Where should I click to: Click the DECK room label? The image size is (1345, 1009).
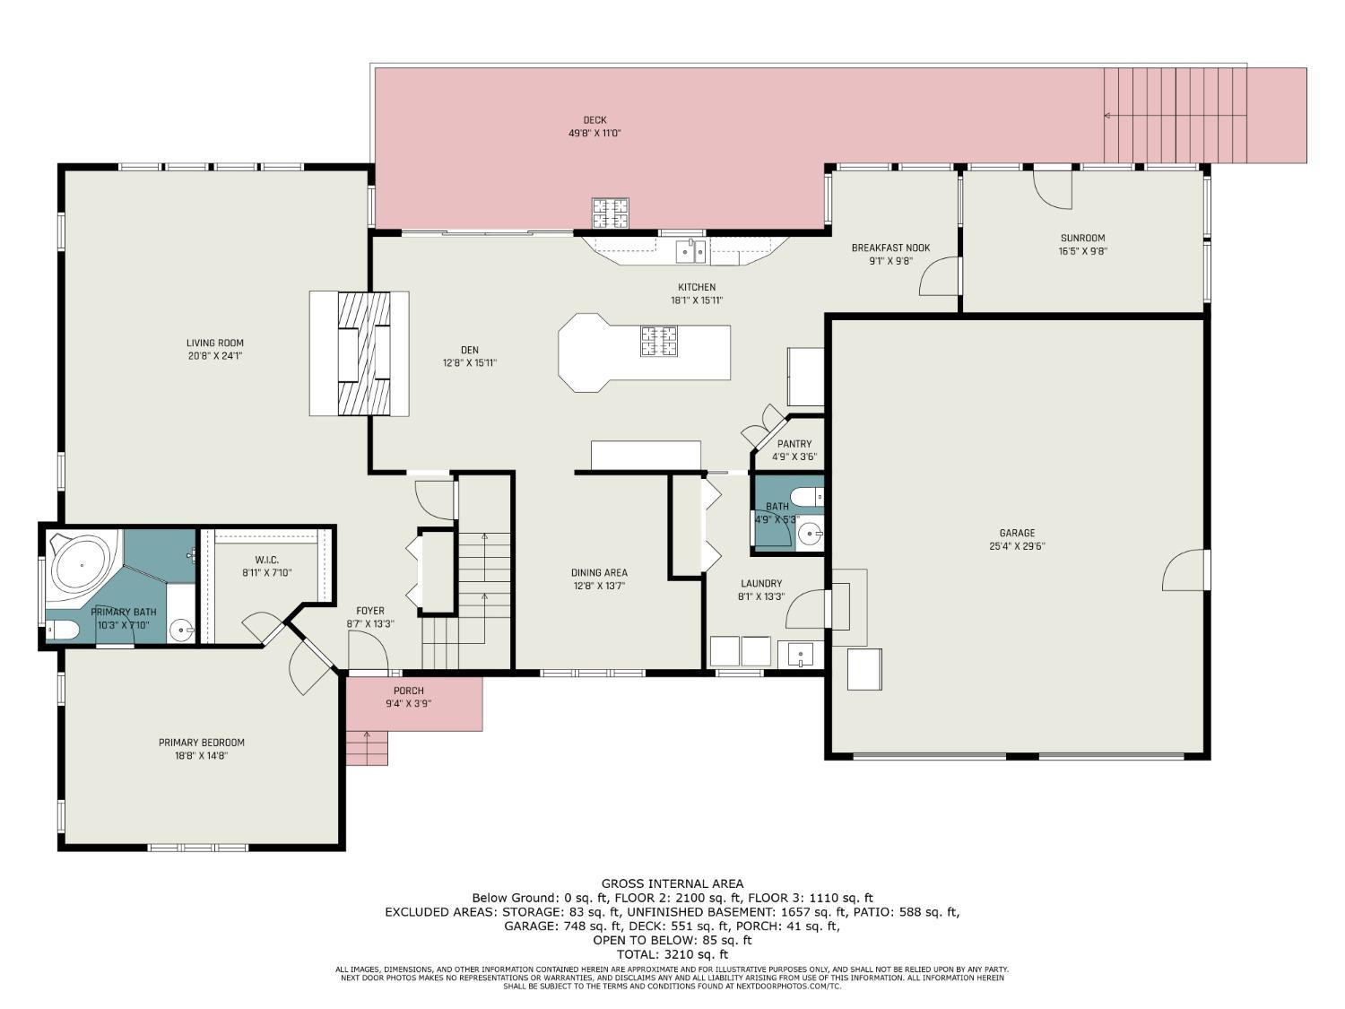point(594,120)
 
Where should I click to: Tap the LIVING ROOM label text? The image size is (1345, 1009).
point(215,344)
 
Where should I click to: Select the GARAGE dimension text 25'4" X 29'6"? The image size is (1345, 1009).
point(1017,546)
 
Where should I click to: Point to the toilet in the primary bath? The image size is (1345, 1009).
point(63,630)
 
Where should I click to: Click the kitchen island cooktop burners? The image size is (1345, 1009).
point(659,341)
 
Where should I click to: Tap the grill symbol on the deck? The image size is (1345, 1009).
point(611,213)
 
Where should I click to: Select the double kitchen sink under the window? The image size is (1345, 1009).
point(690,251)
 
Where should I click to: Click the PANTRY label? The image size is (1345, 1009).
point(794,444)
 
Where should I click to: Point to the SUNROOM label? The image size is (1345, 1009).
point(1083,238)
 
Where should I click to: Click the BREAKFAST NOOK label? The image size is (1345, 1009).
point(891,248)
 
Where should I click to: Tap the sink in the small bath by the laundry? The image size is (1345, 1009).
point(812,535)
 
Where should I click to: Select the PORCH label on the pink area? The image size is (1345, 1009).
point(409,691)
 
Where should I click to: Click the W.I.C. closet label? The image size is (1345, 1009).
point(266,560)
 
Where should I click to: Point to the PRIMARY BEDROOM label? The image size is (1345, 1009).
point(202,743)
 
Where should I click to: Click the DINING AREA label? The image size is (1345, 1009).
point(599,572)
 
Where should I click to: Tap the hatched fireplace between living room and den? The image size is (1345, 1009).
point(364,354)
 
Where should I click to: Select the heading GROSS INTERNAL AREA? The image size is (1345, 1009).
point(672,883)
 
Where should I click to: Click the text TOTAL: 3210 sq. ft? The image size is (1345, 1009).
point(672,954)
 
